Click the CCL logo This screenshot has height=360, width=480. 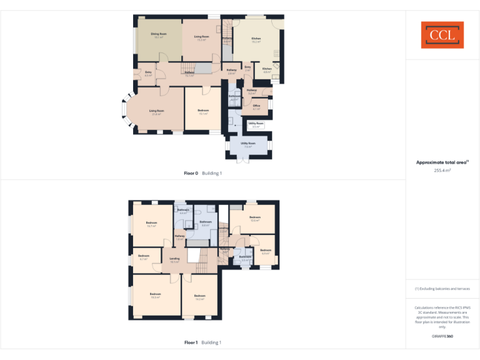[442, 35]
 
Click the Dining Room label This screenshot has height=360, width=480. [159, 35]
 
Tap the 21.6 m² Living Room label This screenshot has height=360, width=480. [156, 112]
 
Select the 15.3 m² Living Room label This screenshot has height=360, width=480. [201, 38]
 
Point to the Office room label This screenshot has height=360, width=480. [256, 107]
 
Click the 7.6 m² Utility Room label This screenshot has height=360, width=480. [248, 144]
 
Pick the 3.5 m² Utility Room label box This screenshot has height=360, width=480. [256, 125]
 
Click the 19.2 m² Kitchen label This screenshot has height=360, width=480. [256, 40]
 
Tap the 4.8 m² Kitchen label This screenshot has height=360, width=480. [267, 70]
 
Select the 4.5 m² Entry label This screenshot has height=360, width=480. [148, 74]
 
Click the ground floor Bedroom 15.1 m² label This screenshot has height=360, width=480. [203, 112]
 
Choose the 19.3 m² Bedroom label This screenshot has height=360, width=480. [155, 296]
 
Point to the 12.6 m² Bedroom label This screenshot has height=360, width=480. [254, 219]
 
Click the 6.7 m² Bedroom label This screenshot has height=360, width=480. [144, 257]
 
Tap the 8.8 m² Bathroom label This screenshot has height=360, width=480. [206, 223]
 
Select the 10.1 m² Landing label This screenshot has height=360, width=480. [175, 260]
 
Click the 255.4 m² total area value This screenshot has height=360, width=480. [442, 169]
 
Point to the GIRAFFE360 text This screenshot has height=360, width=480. [442, 336]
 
